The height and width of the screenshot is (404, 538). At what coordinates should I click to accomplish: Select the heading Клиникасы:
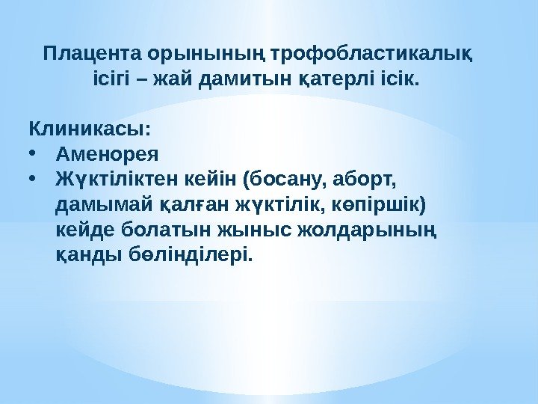[x=89, y=129]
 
